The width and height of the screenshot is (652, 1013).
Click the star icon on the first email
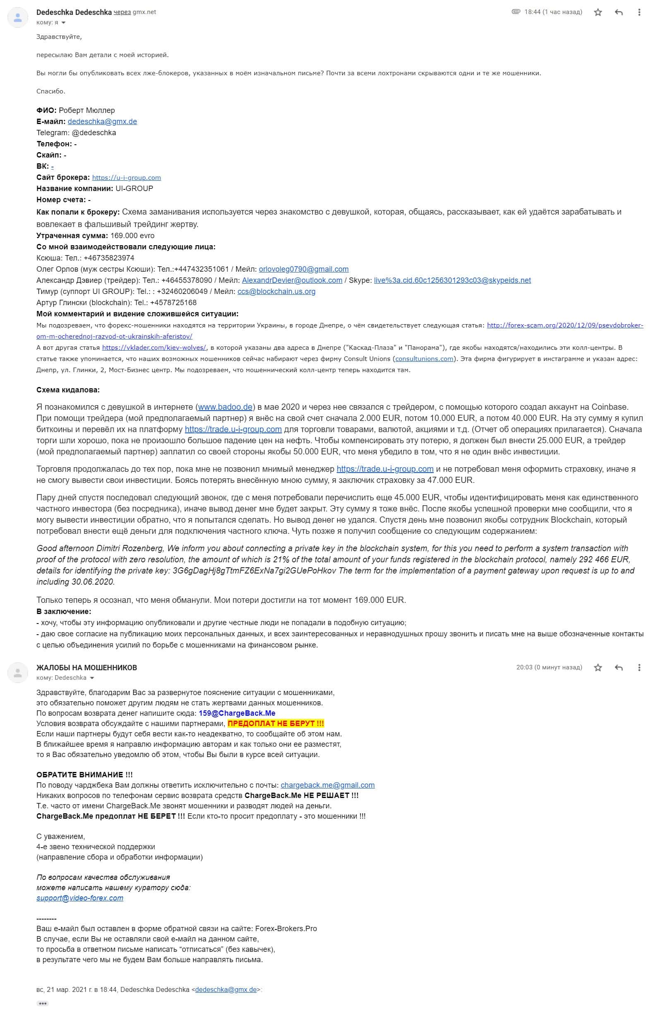[598, 12]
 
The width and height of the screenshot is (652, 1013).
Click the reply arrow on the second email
[618, 667]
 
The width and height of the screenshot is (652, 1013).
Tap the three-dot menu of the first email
[639, 12]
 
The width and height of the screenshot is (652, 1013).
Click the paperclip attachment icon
[515, 12]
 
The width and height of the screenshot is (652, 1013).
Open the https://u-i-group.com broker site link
[126, 178]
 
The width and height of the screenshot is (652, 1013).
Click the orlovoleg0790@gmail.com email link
[304, 269]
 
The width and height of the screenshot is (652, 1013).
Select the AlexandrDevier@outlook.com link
[292, 280]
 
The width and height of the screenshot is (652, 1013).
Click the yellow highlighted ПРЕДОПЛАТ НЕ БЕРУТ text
[276, 724]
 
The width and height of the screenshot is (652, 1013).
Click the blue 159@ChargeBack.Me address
[237, 713]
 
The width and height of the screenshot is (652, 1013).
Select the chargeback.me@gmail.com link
[327, 785]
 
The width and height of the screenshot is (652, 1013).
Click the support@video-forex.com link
[79, 898]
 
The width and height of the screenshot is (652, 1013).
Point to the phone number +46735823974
[109, 258]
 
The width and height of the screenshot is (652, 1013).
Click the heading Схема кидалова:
[68, 390]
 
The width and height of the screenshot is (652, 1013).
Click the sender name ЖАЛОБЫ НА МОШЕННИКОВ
[86, 667]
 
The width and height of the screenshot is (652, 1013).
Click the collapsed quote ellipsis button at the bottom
[42, 1003]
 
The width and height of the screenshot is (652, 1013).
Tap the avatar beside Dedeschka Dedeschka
[18, 18]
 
